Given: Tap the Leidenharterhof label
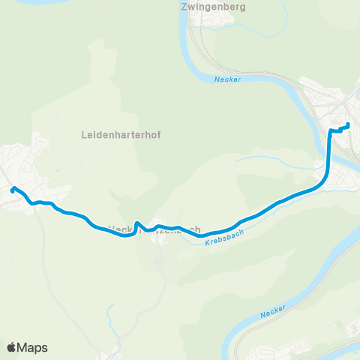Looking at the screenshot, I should (x=120, y=135).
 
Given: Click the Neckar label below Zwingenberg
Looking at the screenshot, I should (x=226, y=80).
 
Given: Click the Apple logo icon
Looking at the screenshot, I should (x=11, y=347).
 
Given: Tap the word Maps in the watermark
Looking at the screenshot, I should (x=32, y=348).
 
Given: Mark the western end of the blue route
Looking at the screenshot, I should (x=12, y=189).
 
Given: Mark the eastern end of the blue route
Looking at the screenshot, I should (x=349, y=124).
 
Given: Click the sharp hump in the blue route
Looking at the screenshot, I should (x=137, y=223).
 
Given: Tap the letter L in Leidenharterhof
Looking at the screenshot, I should (x=82, y=135).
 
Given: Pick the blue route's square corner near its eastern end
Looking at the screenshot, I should (x=331, y=130).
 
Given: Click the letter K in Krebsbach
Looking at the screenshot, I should (x=206, y=245).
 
